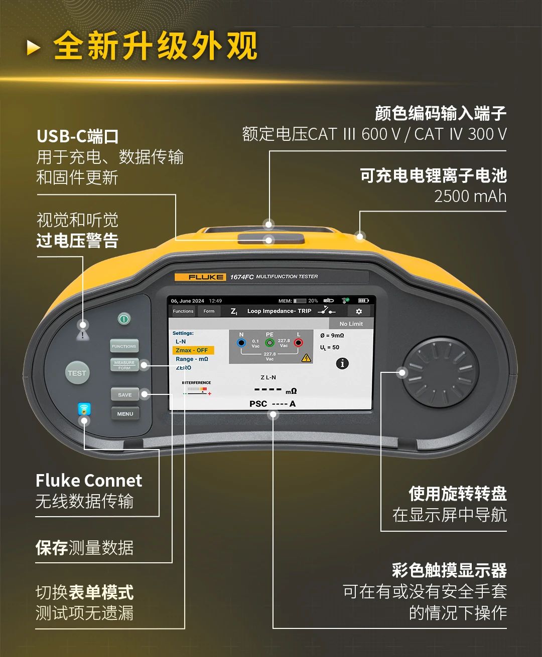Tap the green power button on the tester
[x=124, y=318]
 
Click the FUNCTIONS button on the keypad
[x=124, y=346]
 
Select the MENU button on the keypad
[x=125, y=414]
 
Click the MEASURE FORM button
[x=124, y=365]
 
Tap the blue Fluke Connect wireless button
[x=84, y=409]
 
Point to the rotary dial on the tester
[x=440, y=373]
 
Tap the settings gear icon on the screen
[x=359, y=311]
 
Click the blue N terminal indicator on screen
[x=241, y=343]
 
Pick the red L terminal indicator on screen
[x=298, y=343]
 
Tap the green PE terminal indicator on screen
[x=269, y=343]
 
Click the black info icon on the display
[x=342, y=363]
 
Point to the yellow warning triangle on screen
[x=306, y=358]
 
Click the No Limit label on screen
[x=351, y=324]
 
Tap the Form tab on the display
[x=209, y=311]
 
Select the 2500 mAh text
[x=470, y=196]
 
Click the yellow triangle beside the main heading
[x=34, y=48]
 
